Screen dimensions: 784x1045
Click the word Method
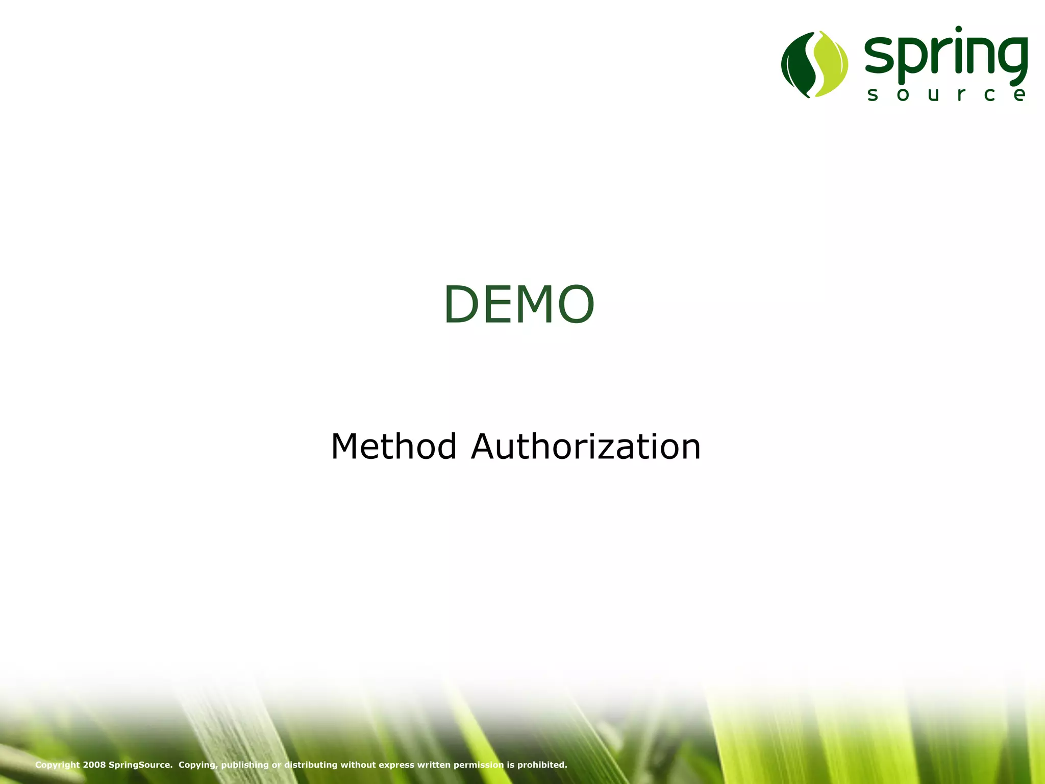pyautogui.click(x=393, y=447)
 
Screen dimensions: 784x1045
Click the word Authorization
pyautogui.click(x=586, y=447)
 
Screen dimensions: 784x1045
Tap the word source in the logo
pyautogui.click(x=947, y=94)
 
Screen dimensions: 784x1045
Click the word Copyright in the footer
pyautogui.click(x=57, y=765)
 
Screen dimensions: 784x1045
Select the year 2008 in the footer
pyautogui.click(x=94, y=765)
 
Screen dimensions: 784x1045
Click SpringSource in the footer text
pyautogui.click(x=140, y=765)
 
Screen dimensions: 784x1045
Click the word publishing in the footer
pyautogui.click(x=244, y=765)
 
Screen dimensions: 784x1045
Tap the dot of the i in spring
pyautogui.click(x=958, y=29)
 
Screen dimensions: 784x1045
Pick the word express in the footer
pyautogui.click(x=396, y=765)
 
